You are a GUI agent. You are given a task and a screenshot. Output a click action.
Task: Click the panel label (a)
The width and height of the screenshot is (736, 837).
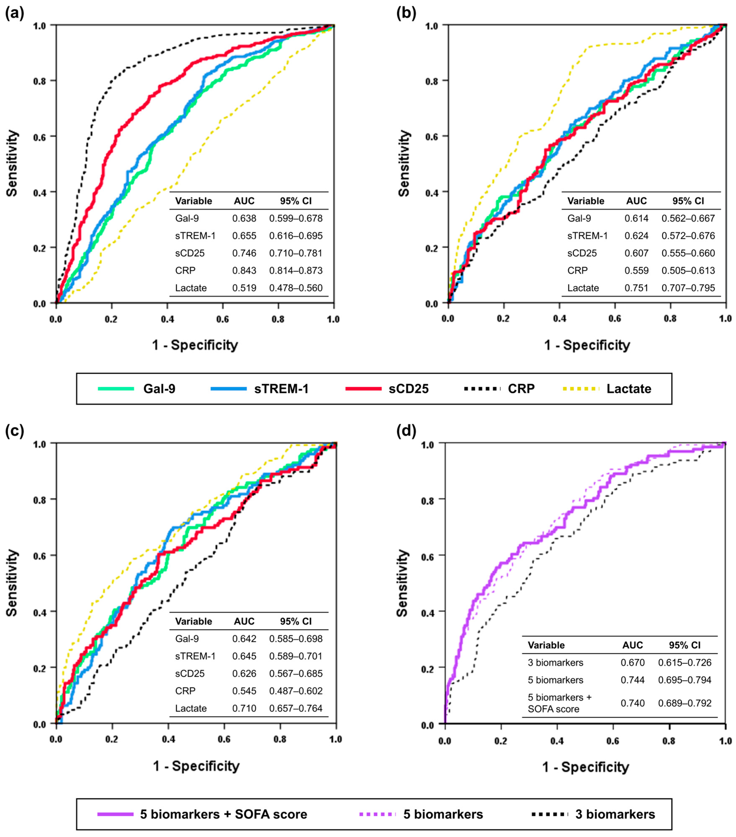coord(14,13)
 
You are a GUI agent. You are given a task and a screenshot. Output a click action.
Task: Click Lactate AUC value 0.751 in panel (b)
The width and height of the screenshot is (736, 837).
coord(636,288)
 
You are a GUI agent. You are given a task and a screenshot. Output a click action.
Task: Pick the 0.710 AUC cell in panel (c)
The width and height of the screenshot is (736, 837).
coord(244,708)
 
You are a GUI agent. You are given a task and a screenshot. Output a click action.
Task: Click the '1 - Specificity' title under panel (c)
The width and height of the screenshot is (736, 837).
coord(196,766)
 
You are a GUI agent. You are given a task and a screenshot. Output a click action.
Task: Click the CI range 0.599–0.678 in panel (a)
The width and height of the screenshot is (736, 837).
coord(295,218)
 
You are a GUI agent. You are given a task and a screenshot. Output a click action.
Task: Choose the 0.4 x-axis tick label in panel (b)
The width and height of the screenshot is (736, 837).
coord(559,319)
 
